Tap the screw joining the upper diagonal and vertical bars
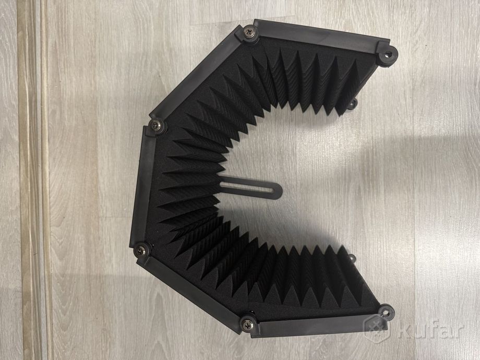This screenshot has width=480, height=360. point(156,125)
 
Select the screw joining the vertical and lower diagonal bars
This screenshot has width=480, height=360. point(140,251)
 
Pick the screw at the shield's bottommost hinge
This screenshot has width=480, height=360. point(247,324)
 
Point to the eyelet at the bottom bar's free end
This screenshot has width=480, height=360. point(386,313)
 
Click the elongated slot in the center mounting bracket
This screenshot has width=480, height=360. point(247,186)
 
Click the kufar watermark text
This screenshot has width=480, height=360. point(431,329)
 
